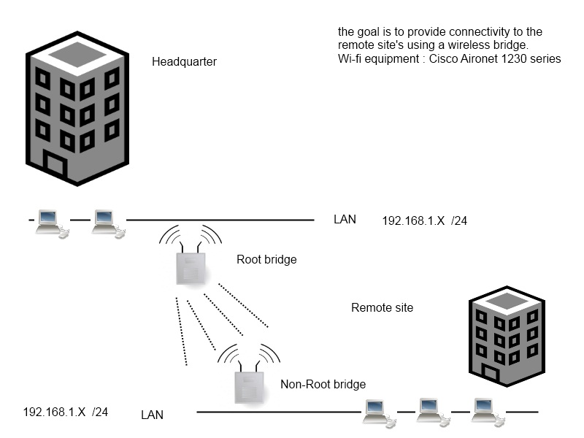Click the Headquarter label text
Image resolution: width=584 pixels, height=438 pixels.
coord(184,61)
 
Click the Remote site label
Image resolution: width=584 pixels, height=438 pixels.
coord(382,307)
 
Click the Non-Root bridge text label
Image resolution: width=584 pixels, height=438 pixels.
coord(323,384)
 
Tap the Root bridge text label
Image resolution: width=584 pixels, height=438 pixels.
coord(266,259)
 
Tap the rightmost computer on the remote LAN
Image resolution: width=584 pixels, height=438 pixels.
coord(485,412)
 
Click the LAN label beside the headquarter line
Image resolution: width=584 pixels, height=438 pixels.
coord(345,219)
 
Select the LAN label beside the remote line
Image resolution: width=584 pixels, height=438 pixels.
coord(152,415)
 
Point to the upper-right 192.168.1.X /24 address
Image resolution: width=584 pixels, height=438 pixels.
coord(424,220)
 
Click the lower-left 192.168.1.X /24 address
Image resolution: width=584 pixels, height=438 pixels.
coord(66,412)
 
